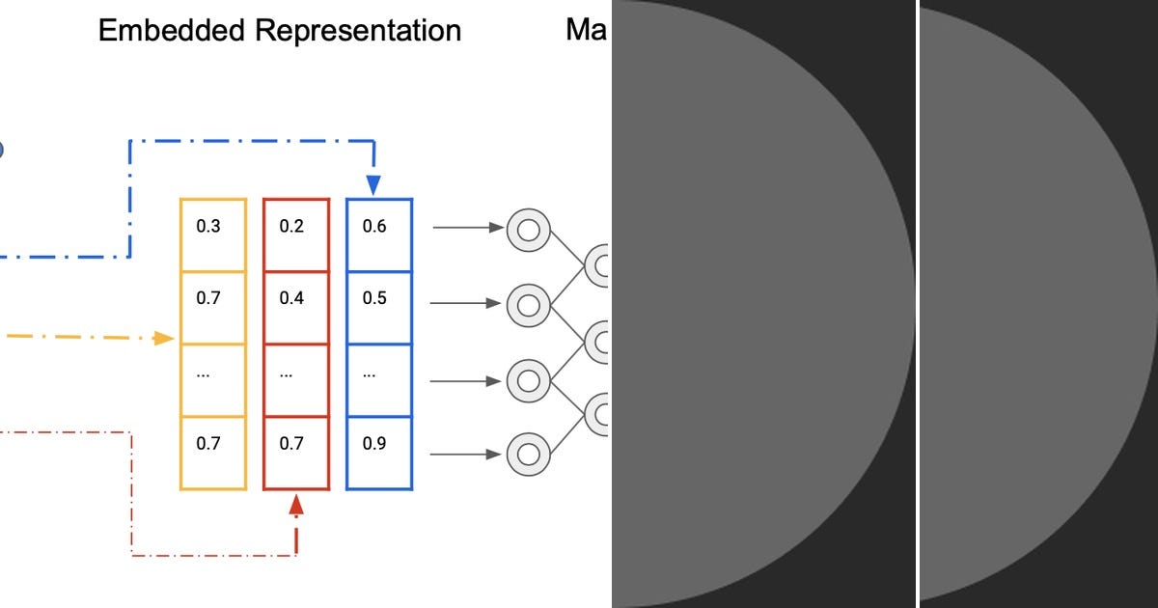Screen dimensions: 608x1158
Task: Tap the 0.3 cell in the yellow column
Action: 213,229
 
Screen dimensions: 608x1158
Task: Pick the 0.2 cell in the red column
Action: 296,229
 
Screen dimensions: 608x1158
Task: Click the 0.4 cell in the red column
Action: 296,299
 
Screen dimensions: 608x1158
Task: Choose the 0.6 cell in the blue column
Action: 379,229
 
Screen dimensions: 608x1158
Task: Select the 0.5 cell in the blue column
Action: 379,299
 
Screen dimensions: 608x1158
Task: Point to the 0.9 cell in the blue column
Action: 379,445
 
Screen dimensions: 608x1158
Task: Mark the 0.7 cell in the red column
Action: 296,445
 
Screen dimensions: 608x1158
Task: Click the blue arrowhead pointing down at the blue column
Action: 373,184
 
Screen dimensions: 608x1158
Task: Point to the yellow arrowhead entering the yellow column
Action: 164,338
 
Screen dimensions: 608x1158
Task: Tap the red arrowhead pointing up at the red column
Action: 296,504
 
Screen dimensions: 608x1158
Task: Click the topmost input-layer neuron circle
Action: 528,230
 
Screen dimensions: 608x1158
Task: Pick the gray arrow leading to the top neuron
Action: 468,229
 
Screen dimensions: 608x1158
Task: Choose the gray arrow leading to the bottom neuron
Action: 468,453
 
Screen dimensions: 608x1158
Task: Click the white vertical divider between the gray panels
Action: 917,304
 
